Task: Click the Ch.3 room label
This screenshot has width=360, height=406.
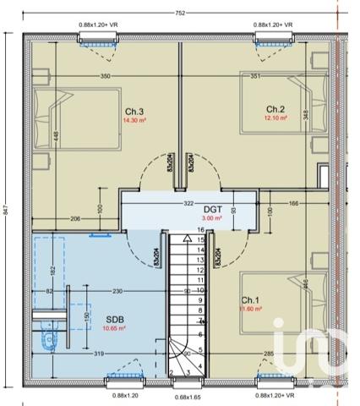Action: click(134, 112)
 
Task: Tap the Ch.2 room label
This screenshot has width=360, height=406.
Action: click(275, 109)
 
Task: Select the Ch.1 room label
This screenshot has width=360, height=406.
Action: click(250, 300)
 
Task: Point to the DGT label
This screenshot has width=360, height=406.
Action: click(213, 209)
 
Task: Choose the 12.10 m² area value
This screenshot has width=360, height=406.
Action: click(276, 118)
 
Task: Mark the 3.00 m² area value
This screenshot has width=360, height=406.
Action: click(213, 218)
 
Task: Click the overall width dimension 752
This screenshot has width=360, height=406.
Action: click(180, 13)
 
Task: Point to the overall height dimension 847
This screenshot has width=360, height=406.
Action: click(7, 211)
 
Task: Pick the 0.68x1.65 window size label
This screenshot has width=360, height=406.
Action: click(187, 396)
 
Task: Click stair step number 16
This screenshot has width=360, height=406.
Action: click(201, 229)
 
